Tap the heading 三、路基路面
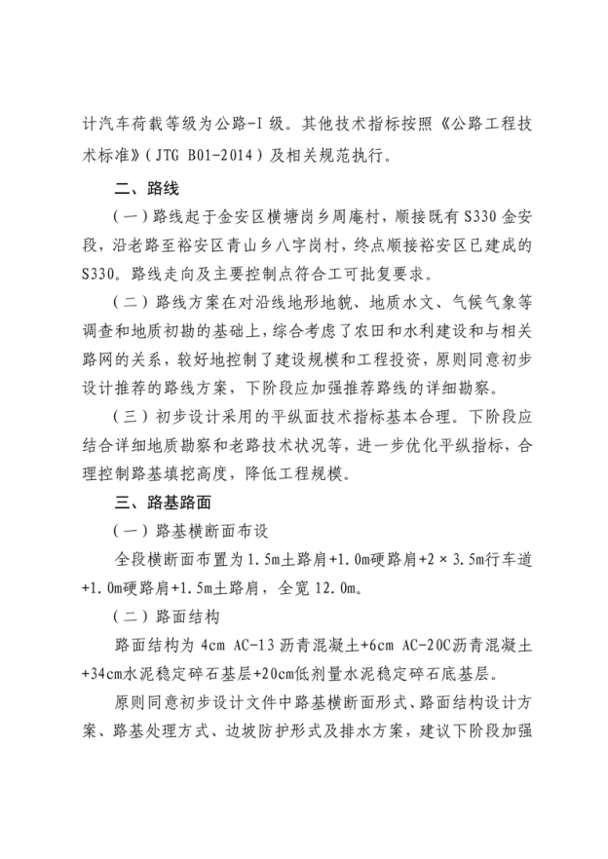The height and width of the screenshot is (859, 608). (164, 504)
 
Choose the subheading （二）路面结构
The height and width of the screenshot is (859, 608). (171, 617)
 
